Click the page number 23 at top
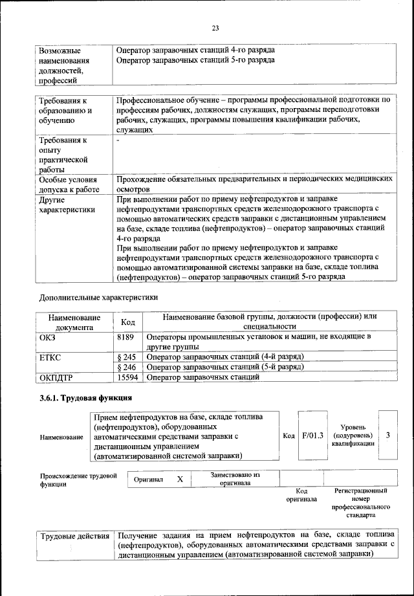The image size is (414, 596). click(215, 27)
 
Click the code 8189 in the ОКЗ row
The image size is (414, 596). click(127, 337)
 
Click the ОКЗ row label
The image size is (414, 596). click(49, 337)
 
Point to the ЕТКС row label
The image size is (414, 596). click(52, 357)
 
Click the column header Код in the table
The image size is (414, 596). click(128, 322)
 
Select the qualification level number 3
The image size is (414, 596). click(387, 436)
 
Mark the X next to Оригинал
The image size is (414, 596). click(180, 480)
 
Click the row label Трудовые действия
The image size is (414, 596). click(75, 536)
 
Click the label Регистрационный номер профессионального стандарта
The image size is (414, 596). click(360, 504)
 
